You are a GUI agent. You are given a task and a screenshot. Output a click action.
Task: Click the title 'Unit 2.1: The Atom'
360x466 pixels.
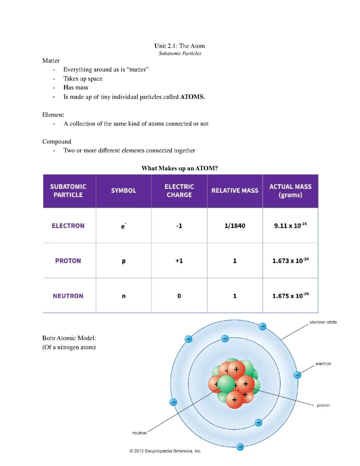pos(180,46)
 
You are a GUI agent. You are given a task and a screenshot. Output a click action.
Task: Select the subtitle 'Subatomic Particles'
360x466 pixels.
pos(180,53)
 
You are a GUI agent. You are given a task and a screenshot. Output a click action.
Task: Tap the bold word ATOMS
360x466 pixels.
pos(192,97)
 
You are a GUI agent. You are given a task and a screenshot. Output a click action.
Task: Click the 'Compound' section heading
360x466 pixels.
pos(57,141)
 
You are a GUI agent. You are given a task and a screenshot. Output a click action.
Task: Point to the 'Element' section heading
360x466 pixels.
pos(53,115)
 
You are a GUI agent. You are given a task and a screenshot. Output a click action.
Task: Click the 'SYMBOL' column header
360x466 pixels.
pos(124,190)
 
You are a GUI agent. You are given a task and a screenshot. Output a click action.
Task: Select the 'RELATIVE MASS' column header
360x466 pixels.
pos(235,190)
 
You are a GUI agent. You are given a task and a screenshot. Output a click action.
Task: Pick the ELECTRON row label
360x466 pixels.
pos(68,226)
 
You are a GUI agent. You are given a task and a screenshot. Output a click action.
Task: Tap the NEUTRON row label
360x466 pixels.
pos(68,296)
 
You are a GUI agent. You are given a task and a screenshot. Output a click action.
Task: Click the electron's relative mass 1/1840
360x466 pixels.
pos(235,226)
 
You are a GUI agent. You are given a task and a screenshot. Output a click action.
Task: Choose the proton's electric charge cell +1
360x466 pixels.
pos(179,261)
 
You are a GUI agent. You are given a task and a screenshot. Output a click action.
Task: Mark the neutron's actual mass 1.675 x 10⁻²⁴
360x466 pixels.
pos(290,296)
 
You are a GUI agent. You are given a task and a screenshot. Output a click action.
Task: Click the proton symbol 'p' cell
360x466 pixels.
pos(124,261)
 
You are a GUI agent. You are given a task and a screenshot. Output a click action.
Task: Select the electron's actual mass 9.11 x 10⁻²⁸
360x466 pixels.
pos(290,225)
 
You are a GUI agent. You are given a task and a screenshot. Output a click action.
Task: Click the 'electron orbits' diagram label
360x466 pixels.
pos(323,322)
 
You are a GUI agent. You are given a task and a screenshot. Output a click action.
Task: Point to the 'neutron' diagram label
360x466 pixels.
pos(139,433)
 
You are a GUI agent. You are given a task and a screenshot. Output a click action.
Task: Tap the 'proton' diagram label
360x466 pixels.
pos(323,405)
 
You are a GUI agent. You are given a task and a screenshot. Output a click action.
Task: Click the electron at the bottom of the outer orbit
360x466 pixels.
pos(240,447)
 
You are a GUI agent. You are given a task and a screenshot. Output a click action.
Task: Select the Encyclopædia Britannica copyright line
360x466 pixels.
pos(165,451)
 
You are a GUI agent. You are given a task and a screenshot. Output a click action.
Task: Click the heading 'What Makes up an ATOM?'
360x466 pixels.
pos(180,168)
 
